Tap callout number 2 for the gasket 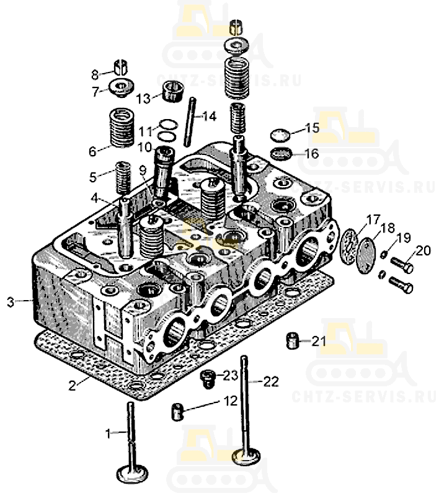point(73,386)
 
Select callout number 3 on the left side point(11,302)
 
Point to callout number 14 point(209,116)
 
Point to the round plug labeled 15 point(280,134)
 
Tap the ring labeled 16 point(282,153)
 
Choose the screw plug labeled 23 point(208,377)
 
